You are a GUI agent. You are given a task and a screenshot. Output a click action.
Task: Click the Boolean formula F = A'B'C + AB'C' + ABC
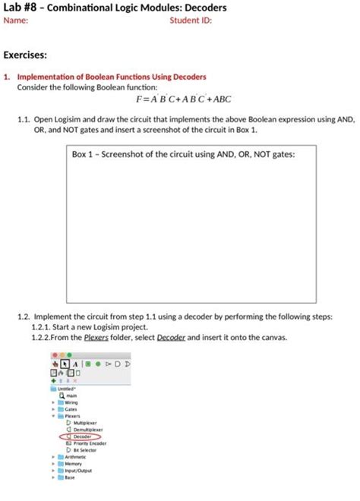(183, 99)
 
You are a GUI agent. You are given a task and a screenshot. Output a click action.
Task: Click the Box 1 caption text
(183, 154)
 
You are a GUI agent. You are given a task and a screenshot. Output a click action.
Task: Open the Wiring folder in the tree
(71, 402)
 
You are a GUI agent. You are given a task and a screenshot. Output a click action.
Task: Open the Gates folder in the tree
(70, 409)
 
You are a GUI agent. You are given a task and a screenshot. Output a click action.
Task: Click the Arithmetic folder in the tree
(74, 457)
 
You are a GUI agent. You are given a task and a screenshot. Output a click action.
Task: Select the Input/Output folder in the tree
(77, 471)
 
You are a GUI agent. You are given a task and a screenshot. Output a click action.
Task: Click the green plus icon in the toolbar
(53, 381)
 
